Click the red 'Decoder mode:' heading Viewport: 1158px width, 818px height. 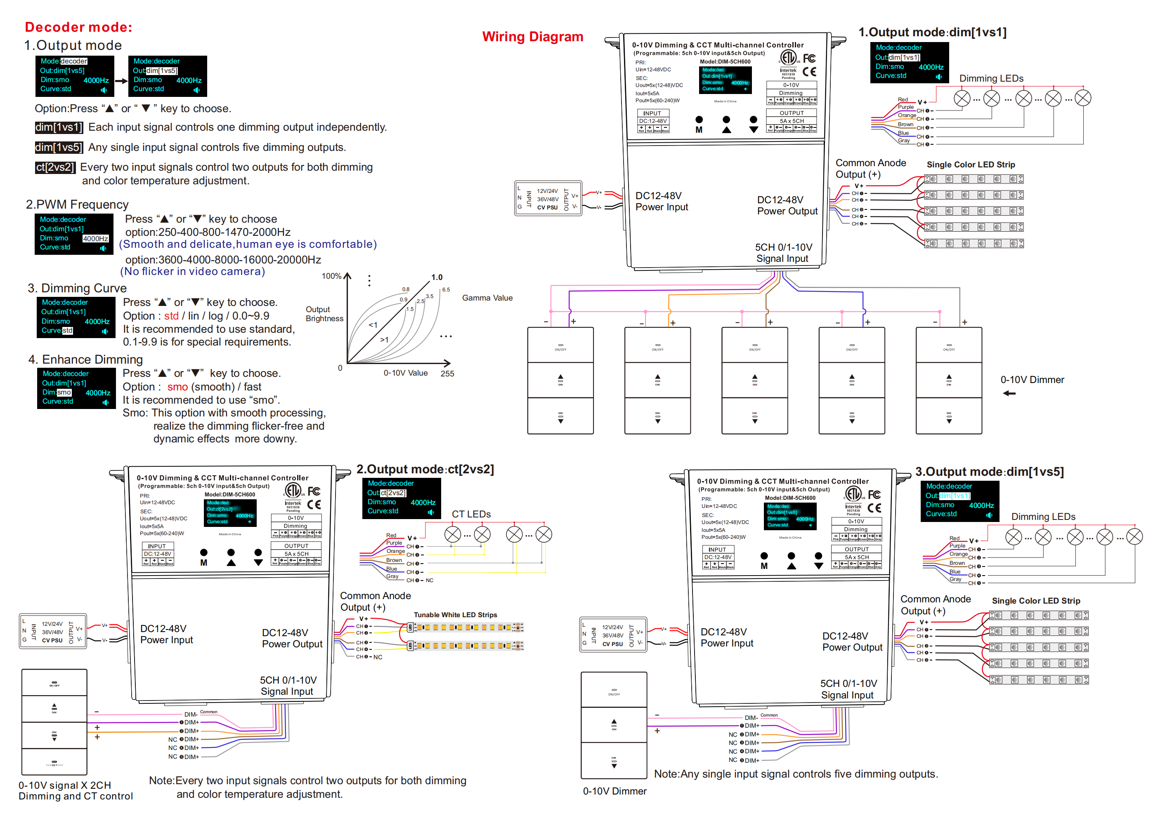click(x=79, y=27)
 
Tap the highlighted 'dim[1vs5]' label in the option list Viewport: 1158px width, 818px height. click(x=59, y=147)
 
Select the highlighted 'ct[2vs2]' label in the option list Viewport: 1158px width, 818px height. click(x=55, y=167)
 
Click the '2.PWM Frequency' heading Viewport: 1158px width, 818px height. click(x=77, y=204)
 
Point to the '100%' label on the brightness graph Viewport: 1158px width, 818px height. click(x=331, y=276)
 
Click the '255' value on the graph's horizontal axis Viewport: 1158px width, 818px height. click(x=447, y=374)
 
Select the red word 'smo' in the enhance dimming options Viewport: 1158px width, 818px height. click(x=177, y=387)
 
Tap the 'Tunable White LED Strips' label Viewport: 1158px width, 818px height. click(x=455, y=615)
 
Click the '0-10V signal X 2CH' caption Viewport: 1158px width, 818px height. click(x=64, y=785)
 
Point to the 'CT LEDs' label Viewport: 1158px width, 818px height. click(x=471, y=514)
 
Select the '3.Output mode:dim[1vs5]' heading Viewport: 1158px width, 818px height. click(x=989, y=472)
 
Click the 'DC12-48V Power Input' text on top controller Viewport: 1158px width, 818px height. click(x=661, y=202)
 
